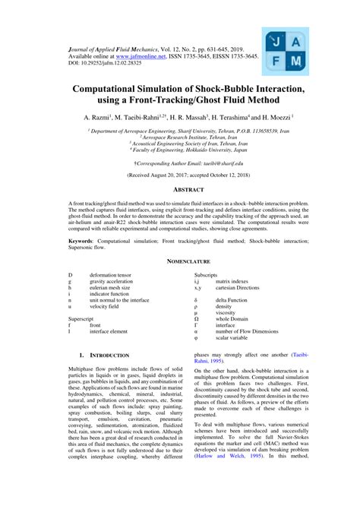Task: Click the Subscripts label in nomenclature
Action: (x=208, y=273)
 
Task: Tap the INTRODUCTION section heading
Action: (x=109, y=356)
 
